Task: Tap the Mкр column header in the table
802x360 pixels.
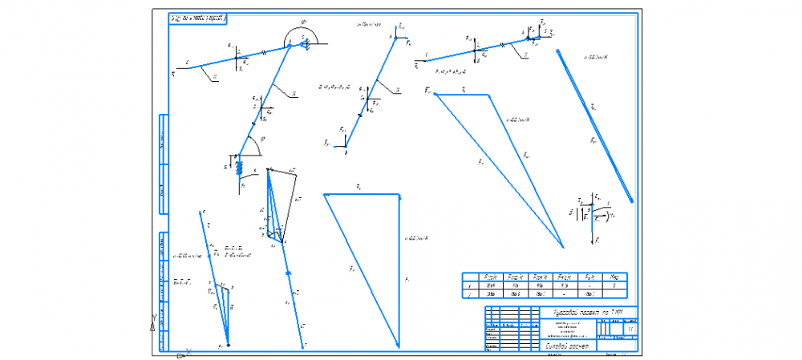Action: [614, 276]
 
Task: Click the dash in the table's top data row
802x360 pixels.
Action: [589, 285]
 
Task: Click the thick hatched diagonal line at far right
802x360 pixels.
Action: [595, 125]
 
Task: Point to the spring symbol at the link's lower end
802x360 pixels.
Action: [238, 164]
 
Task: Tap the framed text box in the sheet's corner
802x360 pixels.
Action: [198, 17]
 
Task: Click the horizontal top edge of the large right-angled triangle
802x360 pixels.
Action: [361, 193]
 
